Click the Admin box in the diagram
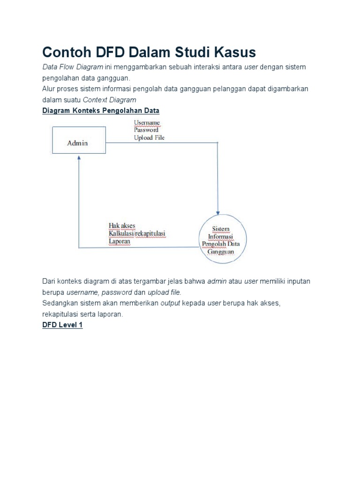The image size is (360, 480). coord(77,142)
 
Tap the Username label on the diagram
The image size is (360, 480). coord(147,123)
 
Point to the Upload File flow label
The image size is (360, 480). coord(149,138)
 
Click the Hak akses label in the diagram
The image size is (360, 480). coord(122,226)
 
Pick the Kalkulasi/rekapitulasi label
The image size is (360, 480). coord(137,234)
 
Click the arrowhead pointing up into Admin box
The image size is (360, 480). coord(79,159)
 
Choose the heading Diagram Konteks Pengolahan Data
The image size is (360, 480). coord(101,111)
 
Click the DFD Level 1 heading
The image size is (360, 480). coord(62,325)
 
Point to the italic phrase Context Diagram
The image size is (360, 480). coord(109,99)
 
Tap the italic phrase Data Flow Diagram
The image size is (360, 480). coord(73,67)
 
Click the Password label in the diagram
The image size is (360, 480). coord(146,130)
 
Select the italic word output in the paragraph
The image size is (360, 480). coord(171,303)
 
